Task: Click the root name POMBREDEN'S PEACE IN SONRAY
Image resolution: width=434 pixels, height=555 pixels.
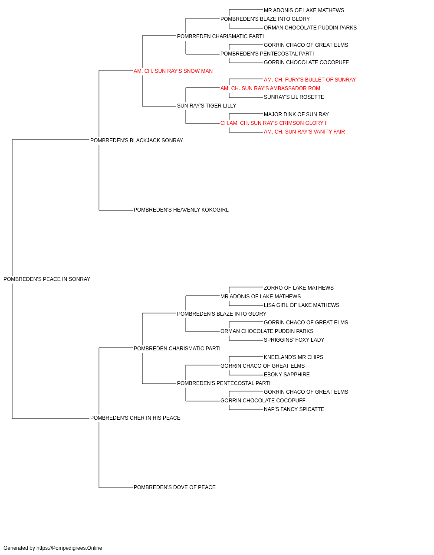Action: click(47, 279)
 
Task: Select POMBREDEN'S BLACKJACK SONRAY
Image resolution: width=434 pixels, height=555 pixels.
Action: click(136, 140)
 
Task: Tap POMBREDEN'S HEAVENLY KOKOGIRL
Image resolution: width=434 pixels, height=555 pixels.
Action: click(181, 210)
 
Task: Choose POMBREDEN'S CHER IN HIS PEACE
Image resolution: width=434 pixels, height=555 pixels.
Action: click(135, 418)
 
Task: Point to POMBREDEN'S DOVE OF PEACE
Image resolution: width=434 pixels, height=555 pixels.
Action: click(174, 487)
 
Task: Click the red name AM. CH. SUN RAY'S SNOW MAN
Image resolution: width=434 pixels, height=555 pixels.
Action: click(173, 71)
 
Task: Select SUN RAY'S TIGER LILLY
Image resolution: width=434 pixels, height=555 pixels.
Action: click(207, 106)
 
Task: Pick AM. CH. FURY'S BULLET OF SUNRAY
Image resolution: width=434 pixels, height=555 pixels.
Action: click(310, 80)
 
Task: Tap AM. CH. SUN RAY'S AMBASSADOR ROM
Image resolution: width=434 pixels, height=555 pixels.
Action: click(270, 88)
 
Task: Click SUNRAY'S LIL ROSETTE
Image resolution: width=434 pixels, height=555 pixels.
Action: click(294, 97)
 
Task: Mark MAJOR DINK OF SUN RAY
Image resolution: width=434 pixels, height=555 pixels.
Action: click(296, 114)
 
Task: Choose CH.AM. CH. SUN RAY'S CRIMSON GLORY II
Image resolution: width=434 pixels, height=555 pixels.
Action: click(274, 123)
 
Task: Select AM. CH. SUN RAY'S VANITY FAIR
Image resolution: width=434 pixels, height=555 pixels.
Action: click(304, 132)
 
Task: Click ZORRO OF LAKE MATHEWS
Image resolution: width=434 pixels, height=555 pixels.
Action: click(299, 288)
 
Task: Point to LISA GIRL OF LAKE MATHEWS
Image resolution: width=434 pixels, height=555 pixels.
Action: click(302, 305)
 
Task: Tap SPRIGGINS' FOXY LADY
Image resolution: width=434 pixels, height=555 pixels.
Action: click(294, 340)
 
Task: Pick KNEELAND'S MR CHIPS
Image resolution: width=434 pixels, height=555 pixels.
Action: click(293, 357)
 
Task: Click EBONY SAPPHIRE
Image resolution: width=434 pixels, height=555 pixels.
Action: click(287, 375)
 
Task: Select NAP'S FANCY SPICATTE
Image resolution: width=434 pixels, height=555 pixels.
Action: click(294, 409)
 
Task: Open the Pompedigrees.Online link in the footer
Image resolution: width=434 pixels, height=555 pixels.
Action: click(69, 548)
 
